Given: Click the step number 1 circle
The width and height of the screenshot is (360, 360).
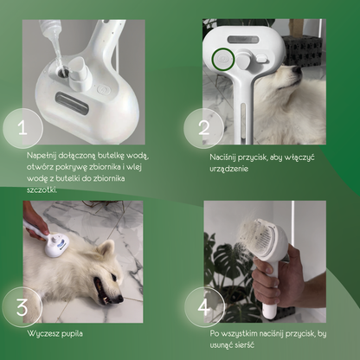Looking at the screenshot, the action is click(x=23, y=128).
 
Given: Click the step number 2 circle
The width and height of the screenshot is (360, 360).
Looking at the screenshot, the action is click(x=204, y=128).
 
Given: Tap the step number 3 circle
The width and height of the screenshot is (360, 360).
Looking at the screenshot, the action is click(x=22, y=307).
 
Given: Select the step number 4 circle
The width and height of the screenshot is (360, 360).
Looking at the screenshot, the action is click(x=204, y=307).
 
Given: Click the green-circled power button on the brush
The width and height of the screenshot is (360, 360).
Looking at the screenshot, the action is click(x=222, y=59).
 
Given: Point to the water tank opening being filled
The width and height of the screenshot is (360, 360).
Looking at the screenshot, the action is click(x=62, y=72).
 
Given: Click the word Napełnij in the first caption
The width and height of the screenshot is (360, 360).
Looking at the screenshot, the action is click(x=42, y=156).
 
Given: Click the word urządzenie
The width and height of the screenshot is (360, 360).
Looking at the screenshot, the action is click(x=228, y=169).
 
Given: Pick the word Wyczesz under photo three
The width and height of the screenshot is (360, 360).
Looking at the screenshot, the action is click(x=41, y=334).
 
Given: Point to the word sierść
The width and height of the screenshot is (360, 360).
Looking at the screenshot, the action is click(x=244, y=345).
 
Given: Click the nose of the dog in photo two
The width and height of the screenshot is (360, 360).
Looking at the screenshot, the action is click(x=296, y=70).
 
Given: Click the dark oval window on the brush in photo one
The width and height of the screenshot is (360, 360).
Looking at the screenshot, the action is click(x=72, y=103).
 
